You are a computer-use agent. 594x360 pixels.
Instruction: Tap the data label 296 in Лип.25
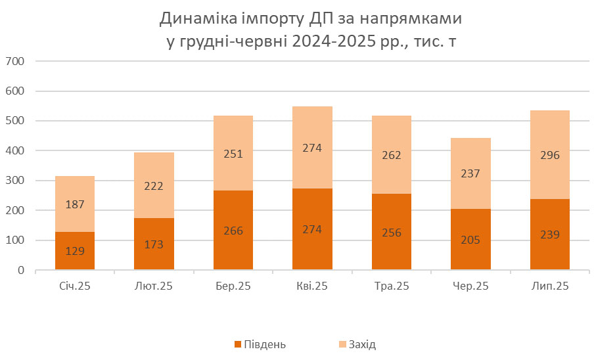[550, 156]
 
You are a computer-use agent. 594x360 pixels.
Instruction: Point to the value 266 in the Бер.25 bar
[233, 231]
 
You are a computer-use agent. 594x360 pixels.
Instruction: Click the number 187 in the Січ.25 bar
[75, 204]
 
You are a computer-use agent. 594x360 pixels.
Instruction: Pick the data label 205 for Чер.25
[470, 240]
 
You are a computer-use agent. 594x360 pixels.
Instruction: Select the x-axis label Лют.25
[154, 286]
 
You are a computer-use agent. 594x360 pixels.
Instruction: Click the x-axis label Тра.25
[392, 286]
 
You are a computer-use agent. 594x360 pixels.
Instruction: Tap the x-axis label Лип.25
[550, 286]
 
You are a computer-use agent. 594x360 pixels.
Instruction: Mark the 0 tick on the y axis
[20, 270]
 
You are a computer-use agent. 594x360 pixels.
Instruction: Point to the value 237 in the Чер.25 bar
[470, 173]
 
